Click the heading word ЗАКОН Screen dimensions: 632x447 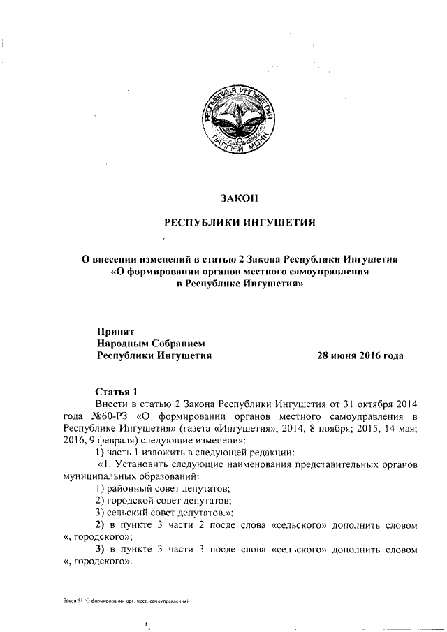pos(240,198)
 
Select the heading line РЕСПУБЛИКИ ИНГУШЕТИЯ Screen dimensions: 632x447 pos(240,223)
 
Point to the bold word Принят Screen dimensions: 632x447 pos(115,332)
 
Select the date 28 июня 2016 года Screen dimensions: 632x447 pos(360,355)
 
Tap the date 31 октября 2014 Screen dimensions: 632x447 pos(378,404)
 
